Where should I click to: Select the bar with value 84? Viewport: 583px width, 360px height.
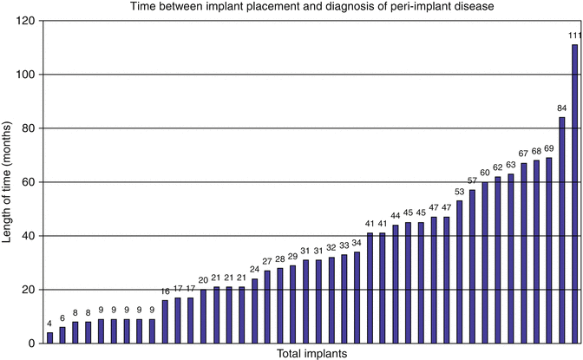click(x=561, y=230)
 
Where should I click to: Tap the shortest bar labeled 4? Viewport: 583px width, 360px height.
click(x=49, y=337)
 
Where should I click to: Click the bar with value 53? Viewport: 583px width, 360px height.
click(x=460, y=272)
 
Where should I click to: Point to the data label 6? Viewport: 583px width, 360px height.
click(x=62, y=317)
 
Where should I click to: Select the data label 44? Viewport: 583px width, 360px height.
click(x=396, y=215)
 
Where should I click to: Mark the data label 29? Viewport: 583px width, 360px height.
click(x=292, y=256)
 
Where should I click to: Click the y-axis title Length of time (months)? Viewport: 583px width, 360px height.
click(x=9, y=181)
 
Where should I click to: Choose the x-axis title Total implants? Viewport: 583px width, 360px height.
click(x=312, y=353)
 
